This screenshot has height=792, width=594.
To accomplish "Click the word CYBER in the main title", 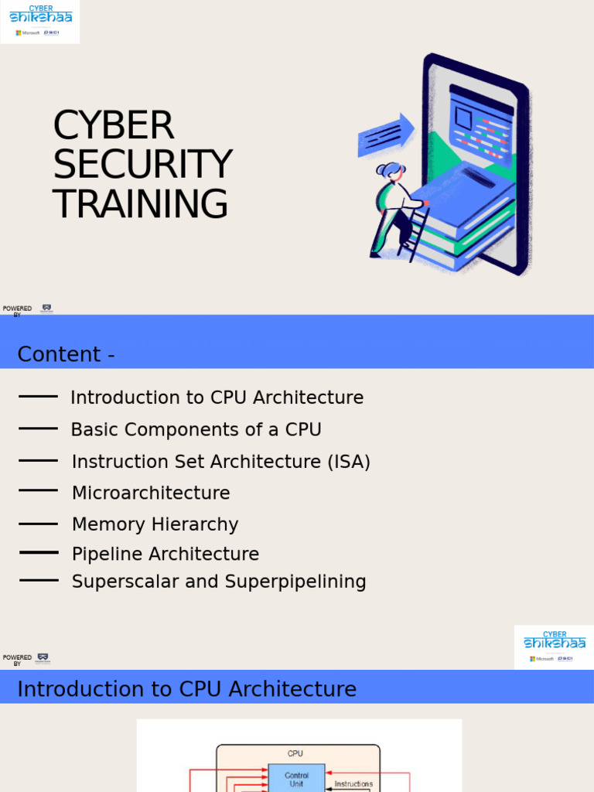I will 114,126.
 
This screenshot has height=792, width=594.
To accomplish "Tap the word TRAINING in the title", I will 141,204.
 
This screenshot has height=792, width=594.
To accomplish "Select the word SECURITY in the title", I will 142,165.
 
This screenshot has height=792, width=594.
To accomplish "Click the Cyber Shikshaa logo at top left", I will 40,22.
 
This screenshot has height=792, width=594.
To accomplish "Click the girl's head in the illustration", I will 392,172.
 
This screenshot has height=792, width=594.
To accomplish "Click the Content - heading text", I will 67,354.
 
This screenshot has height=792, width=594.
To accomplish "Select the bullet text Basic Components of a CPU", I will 196,429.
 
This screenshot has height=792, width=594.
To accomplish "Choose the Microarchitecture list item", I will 151,493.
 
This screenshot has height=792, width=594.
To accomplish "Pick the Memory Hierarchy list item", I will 155,524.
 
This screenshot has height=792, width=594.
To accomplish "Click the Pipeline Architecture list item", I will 166,554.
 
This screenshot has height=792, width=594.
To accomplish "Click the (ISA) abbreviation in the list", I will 348,462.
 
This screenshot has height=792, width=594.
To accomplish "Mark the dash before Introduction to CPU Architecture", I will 38,397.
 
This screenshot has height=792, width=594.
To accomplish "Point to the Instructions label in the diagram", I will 353,784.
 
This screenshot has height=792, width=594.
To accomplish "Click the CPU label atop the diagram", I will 295,753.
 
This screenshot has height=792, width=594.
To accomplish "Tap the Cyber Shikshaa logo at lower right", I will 554,647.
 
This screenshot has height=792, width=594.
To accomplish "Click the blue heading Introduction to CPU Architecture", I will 186,689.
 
